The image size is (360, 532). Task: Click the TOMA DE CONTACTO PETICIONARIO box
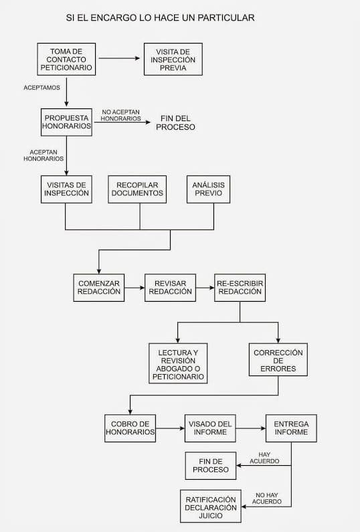coord(66,60)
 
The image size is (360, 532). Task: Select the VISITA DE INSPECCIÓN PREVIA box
coord(173,60)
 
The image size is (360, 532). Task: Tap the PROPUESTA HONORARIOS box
coord(66,122)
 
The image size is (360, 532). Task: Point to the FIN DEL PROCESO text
coord(175,123)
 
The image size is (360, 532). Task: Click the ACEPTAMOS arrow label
coord(41,88)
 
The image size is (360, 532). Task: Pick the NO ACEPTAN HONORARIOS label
coord(120,115)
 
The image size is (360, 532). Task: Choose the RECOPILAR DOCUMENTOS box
coord(137,189)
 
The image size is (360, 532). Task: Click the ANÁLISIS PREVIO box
coord(208,189)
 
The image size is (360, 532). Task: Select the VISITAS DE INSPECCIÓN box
coord(66,189)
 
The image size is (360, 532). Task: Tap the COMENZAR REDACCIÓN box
coord(99,288)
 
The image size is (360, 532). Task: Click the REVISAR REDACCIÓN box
coord(171,288)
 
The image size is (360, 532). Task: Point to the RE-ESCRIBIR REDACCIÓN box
coord(240,288)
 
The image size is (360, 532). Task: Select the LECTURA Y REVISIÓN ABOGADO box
coord(178,363)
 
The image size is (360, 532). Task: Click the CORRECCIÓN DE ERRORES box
coord(278,359)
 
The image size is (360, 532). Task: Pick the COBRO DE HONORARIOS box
coord(130,428)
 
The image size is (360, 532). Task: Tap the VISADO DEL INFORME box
coord(210,428)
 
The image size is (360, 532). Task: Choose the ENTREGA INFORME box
coord(291,428)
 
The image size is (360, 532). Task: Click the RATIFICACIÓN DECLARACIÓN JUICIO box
coord(211,506)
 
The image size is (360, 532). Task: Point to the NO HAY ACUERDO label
coord(267,499)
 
